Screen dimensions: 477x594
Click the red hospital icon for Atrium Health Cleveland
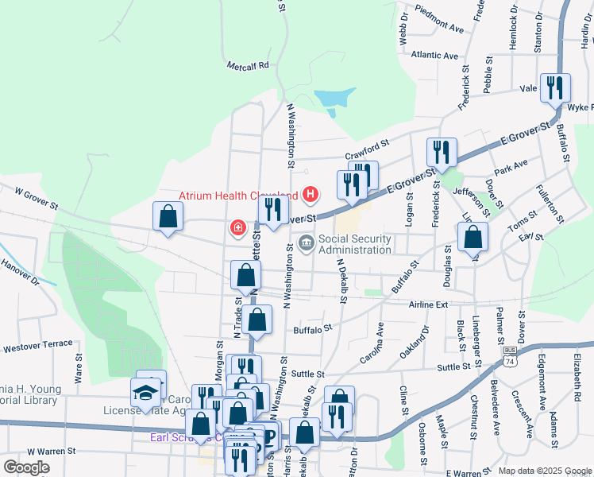coord(311,195)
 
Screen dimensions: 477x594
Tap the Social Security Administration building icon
coord(306,242)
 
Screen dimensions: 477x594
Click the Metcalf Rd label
coord(248,66)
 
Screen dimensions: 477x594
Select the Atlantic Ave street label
coord(434,56)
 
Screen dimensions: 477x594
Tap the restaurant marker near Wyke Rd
coord(554,87)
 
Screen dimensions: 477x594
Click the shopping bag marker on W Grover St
coord(168,216)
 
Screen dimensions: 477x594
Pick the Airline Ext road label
coord(430,304)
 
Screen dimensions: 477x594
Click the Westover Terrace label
coord(37,347)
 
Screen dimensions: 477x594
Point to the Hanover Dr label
coord(20,270)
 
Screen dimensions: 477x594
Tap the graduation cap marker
coord(145,393)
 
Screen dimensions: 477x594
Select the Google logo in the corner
coord(26,467)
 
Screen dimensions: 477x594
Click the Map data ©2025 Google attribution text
coord(544,471)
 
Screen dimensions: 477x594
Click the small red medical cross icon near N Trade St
coord(237,228)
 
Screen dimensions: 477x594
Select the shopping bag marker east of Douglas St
coord(472,237)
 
